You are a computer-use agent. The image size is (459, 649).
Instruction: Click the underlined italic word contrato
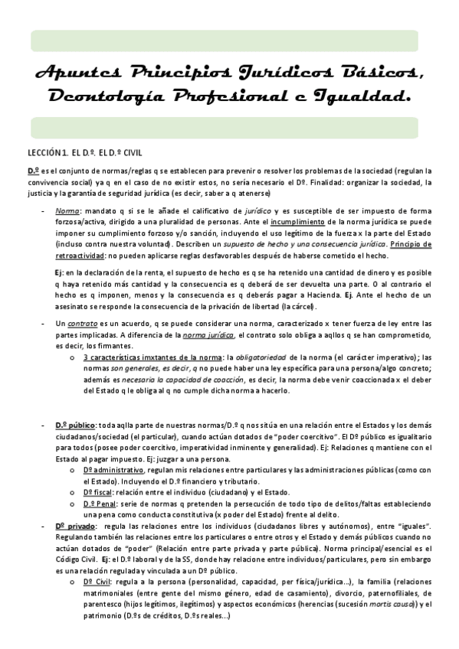[84, 324]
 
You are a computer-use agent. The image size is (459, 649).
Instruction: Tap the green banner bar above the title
[224, 41]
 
